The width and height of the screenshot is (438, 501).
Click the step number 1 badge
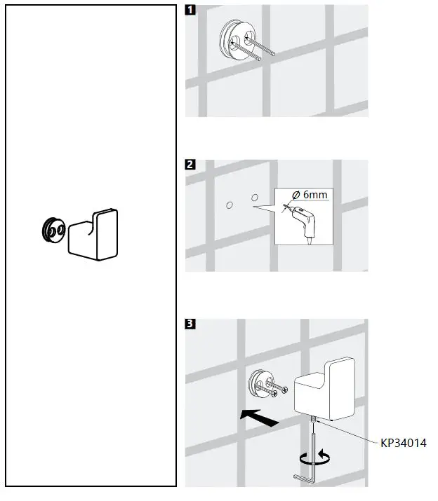click(x=190, y=11)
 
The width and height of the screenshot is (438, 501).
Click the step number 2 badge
click(x=190, y=166)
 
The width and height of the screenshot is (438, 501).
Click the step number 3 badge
click(x=190, y=324)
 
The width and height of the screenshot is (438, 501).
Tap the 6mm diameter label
click(x=311, y=195)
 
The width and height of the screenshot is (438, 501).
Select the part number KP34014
click(x=404, y=443)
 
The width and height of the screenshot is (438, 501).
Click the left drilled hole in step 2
click(x=230, y=204)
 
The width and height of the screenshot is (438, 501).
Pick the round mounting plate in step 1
click(x=237, y=40)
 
